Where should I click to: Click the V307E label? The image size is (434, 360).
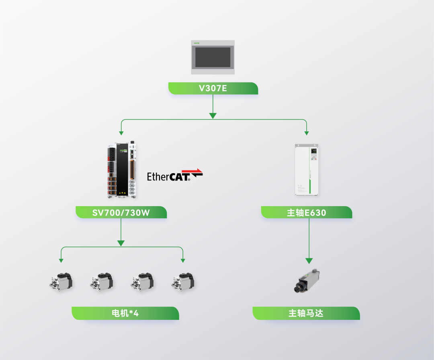[x=213, y=88]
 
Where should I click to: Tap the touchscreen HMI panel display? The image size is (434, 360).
[x=213, y=57]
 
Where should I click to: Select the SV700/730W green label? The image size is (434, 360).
[x=121, y=212]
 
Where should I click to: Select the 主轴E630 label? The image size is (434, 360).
[x=306, y=212]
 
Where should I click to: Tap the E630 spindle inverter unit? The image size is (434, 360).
[x=307, y=169]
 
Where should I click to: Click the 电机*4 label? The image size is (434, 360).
[x=125, y=313]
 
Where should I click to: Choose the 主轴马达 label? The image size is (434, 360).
[x=306, y=313]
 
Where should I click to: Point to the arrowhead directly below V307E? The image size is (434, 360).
[x=213, y=116]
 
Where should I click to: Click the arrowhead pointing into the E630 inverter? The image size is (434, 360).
[x=307, y=133]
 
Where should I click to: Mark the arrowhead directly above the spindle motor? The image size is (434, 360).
[x=309, y=261]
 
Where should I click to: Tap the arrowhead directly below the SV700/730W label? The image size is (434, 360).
[x=121, y=243]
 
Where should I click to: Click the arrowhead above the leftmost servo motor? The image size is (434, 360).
[x=61, y=260]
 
